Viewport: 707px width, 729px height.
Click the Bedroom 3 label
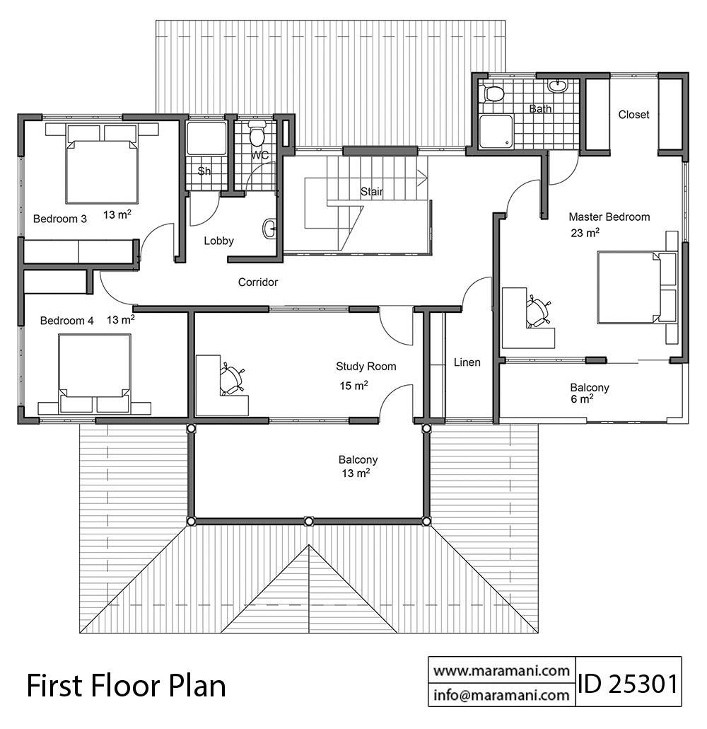(60, 219)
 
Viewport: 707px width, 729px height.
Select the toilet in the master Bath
(492, 93)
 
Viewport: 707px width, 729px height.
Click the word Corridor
(258, 282)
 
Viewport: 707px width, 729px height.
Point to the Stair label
(372, 191)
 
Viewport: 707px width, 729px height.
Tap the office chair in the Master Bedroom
(538, 311)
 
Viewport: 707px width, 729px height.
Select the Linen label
(467, 362)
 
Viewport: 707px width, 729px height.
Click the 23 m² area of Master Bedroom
(585, 232)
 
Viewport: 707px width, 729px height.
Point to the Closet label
(633, 115)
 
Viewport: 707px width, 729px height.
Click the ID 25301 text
(628, 684)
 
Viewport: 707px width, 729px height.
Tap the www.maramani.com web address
(501, 670)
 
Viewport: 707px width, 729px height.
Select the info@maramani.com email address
(501, 695)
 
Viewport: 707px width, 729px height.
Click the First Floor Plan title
(127, 686)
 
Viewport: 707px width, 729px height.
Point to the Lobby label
(218, 241)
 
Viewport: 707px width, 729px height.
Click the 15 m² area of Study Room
(354, 386)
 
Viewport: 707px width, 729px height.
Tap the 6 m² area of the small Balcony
(582, 399)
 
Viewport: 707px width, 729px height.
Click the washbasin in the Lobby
(270, 229)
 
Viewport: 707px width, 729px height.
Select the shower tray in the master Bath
(496, 132)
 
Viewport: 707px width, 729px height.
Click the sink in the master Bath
(557, 86)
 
